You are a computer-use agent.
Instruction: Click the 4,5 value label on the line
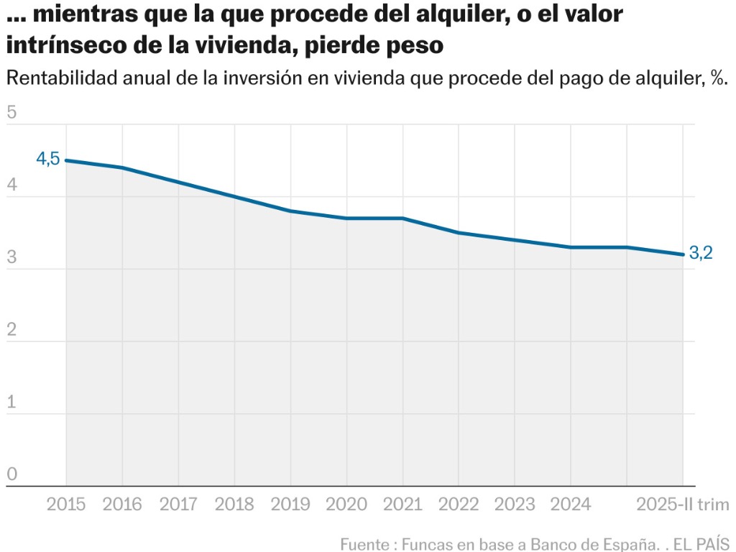point(48,159)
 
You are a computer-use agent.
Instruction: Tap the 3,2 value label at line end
point(700,253)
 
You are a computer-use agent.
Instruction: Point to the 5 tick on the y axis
point(11,113)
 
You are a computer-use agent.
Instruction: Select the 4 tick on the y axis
point(11,185)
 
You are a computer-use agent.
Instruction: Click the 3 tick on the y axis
point(11,258)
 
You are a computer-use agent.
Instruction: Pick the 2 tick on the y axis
point(11,330)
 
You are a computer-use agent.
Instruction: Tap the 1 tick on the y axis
point(11,402)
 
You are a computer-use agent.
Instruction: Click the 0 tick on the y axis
point(11,474)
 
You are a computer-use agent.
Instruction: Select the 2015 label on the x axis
point(66,505)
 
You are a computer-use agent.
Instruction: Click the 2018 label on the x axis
point(234,505)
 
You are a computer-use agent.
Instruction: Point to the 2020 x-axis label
point(346,505)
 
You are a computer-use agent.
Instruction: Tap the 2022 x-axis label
point(459,505)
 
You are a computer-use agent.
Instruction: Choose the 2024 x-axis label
point(571,505)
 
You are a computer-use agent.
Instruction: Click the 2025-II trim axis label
point(683,505)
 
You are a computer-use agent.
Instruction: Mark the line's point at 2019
point(290,211)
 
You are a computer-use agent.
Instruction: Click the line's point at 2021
point(402,218)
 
